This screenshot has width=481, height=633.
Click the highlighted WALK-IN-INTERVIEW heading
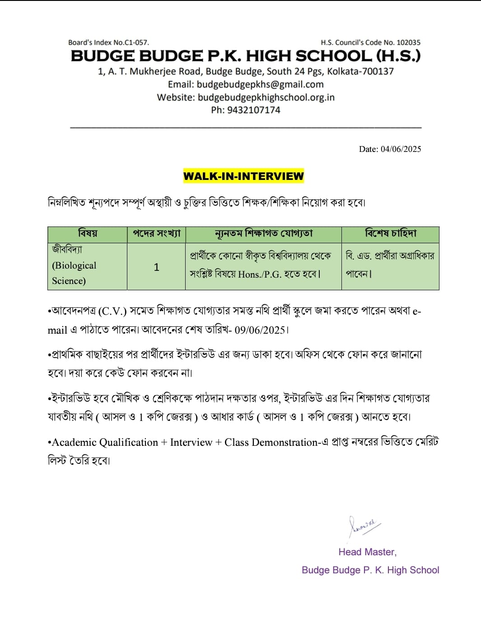coord(243,176)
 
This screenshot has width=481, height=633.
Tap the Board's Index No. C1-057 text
coord(108,43)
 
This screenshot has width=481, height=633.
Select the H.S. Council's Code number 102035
coord(408,43)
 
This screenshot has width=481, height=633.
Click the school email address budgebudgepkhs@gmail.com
coord(260,85)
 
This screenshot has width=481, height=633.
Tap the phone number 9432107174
coord(253,110)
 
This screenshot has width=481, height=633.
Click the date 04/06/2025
coord(401,149)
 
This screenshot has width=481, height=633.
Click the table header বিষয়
coord(87,234)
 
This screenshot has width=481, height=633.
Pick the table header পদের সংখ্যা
coord(156,234)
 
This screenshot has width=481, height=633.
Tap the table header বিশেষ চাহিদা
coord(390,234)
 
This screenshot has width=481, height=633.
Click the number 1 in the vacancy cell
coord(156,267)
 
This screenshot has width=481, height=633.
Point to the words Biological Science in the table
coord(74,273)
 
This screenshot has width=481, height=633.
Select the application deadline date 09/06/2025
coord(260,330)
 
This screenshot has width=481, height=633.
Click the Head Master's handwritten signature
coord(363,526)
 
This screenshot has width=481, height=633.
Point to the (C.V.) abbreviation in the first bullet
coord(112,312)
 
